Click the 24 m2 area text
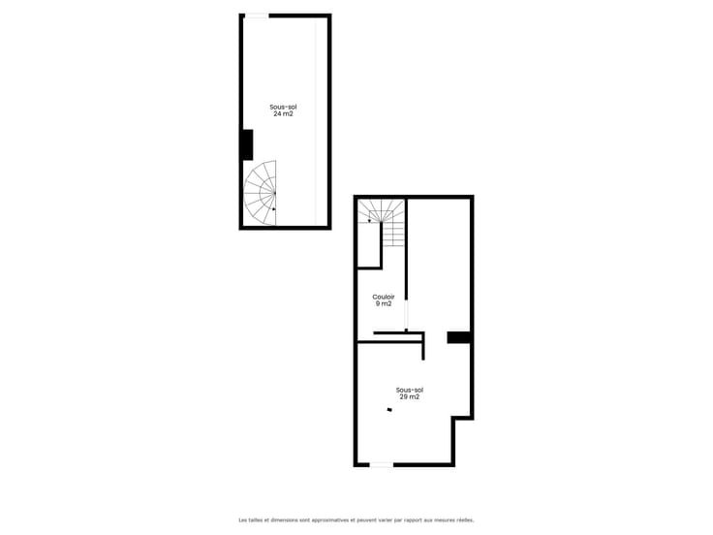pyautogui.click(x=283, y=114)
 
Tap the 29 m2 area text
pyautogui.click(x=409, y=397)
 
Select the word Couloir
pyautogui.click(x=384, y=298)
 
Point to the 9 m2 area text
pyautogui.click(x=384, y=304)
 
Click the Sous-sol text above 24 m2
pyautogui.click(x=283, y=108)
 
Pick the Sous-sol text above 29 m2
pyautogui.click(x=409, y=391)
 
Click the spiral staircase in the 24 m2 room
pyautogui.click(x=260, y=193)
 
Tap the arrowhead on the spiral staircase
pyautogui.click(x=274, y=209)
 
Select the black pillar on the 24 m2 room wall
pyautogui.click(x=247, y=144)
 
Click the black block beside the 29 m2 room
pyautogui.click(x=458, y=337)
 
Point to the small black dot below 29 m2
pyautogui.click(x=389, y=409)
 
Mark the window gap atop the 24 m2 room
pyautogui.click(x=257, y=16)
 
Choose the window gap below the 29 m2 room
pyautogui.click(x=381, y=465)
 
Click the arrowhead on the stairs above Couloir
pyautogui.click(x=370, y=221)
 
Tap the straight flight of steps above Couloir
pyautogui.click(x=393, y=235)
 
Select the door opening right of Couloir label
pyautogui.click(x=407, y=315)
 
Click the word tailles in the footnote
pyautogui.click(x=251, y=519)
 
